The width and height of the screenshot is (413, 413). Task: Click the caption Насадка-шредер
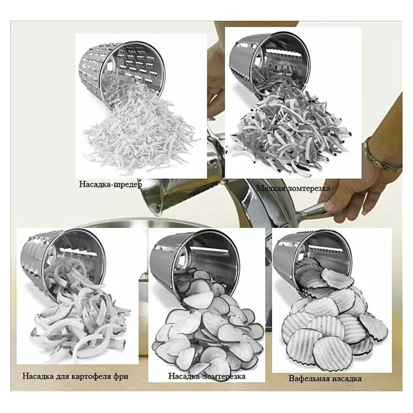(x=111, y=184)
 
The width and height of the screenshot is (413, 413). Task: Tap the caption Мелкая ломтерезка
(x=293, y=188)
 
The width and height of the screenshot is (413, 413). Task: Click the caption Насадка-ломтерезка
(x=207, y=376)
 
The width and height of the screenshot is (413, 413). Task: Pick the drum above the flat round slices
(x=195, y=263)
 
